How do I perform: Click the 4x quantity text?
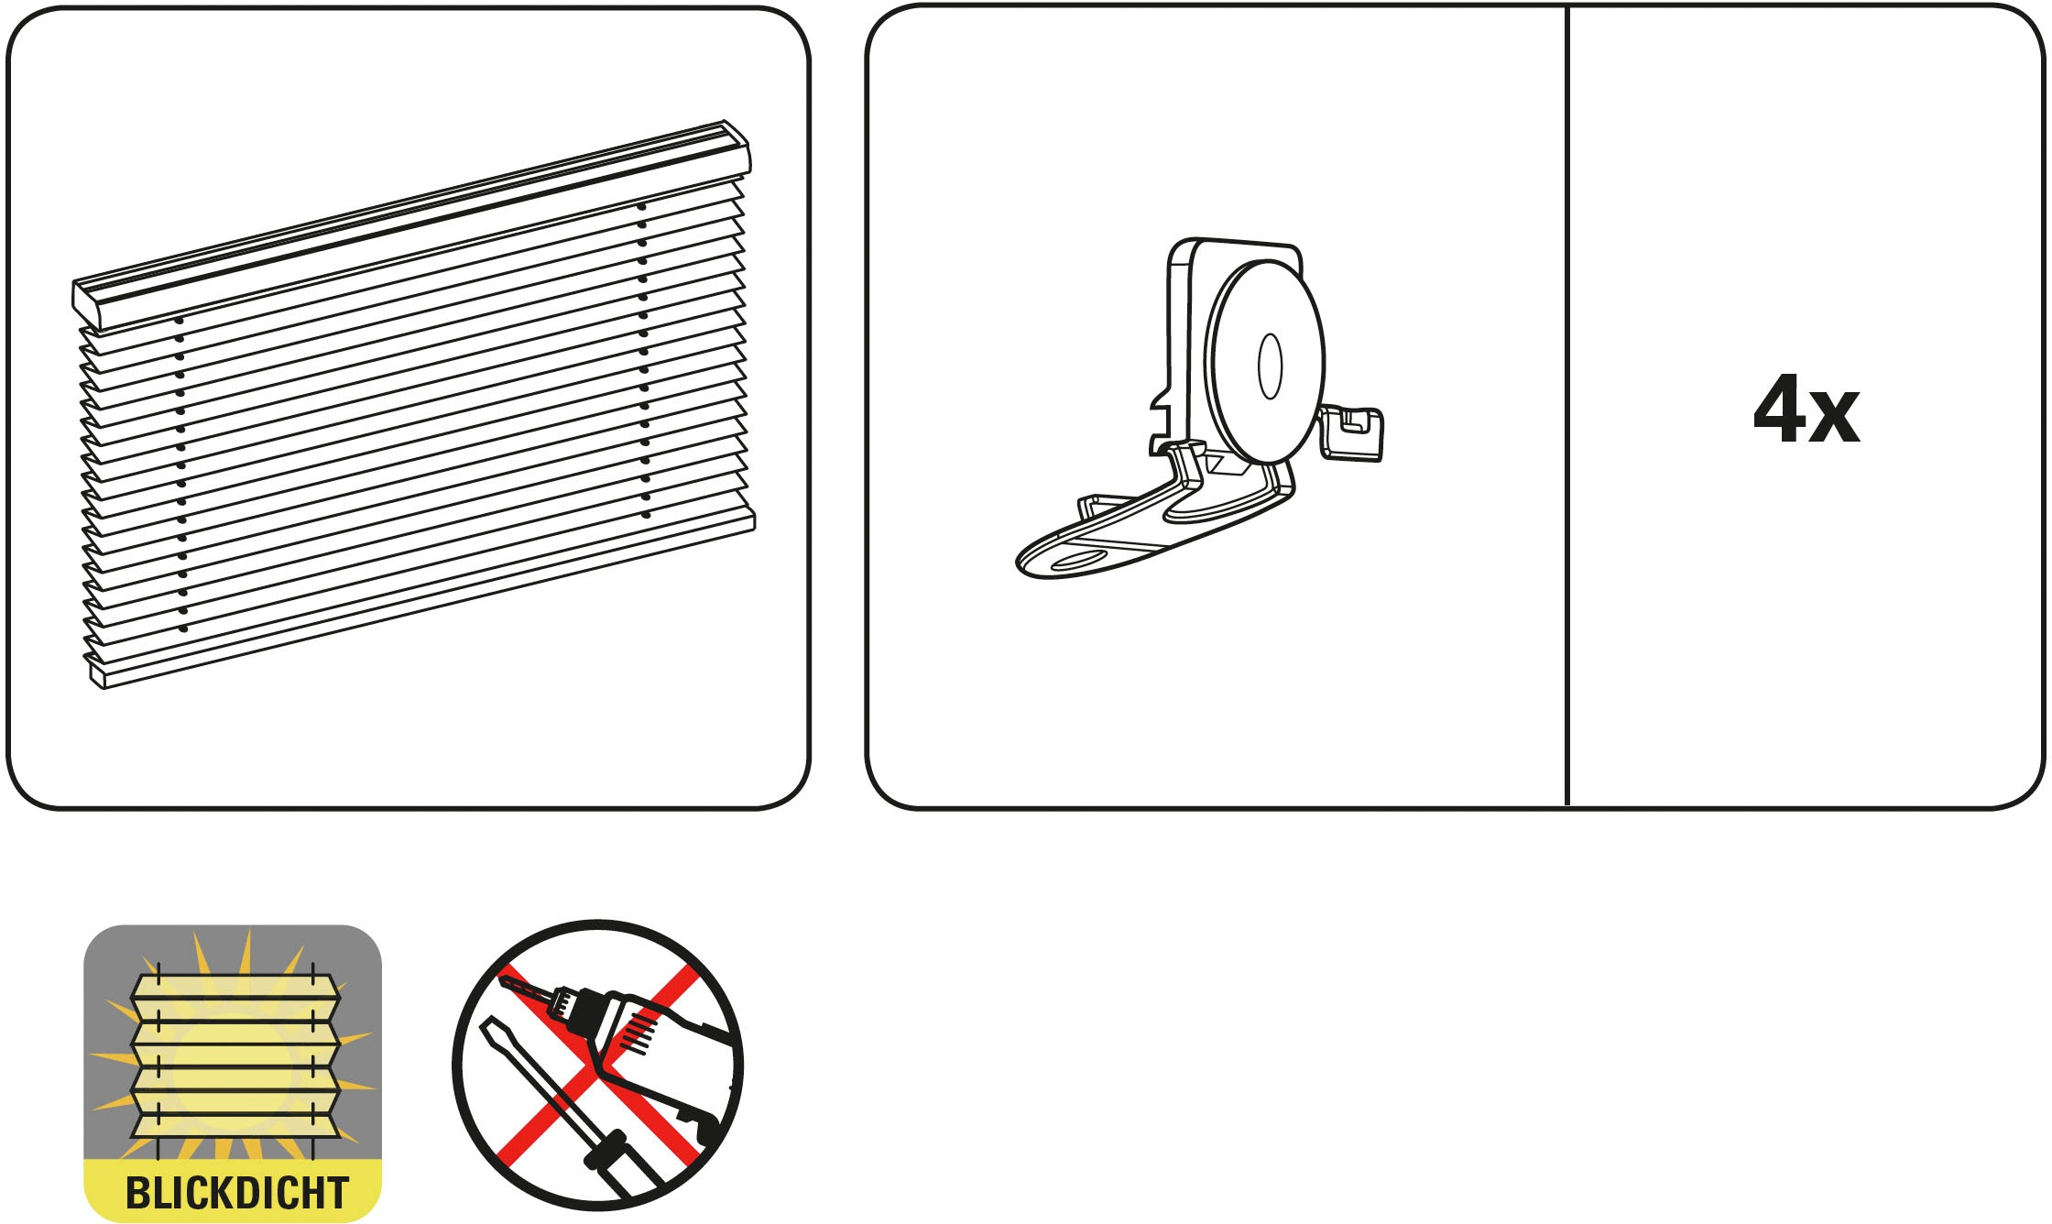tap(1806, 410)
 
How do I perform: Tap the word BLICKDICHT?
tap(236, 1192)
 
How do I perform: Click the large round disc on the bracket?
tap(1265, 361)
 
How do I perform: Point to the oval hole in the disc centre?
tap(1270, 366)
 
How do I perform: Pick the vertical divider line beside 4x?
tap(1567, 406)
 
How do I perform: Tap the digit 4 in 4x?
tap(1780, 409)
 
